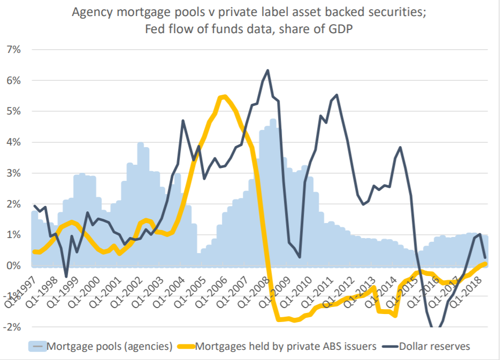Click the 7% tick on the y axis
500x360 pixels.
13,50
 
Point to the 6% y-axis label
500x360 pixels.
13,81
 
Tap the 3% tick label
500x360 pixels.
13,173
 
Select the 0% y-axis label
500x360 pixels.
13,266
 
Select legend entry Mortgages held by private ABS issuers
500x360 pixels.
286,346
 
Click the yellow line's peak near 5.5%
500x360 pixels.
224,96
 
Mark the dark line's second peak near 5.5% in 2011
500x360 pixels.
336,95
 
